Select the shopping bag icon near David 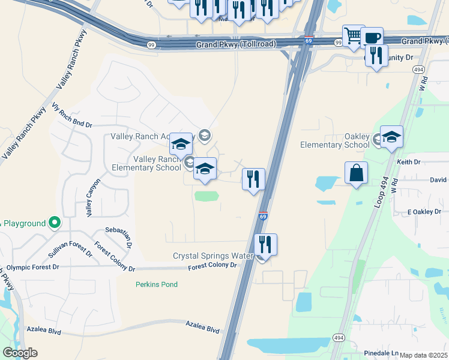[357, 173]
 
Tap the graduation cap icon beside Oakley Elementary [391, 137]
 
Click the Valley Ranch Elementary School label [157, 163]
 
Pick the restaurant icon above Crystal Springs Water [265, 244]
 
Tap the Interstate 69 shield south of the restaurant [263, 215]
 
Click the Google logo [20, 353]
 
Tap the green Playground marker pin [54, 223]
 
